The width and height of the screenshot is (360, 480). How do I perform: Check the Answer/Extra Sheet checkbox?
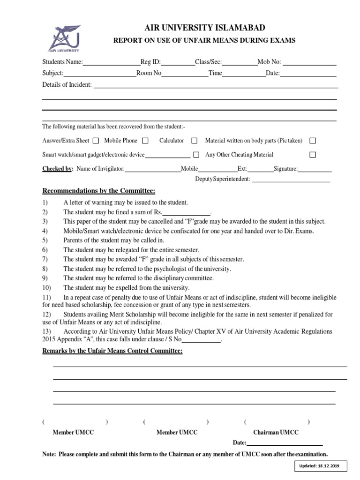(x=96, y=140)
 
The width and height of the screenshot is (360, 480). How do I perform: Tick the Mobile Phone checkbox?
(x=145, y=140)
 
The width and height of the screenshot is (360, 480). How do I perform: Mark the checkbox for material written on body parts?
(x=313, y=140)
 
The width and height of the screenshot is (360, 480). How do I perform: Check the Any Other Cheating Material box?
(x=313, y=154)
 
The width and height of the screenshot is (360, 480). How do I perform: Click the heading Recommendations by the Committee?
(x=98, y=191)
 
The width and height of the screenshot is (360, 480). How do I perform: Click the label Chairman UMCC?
(x=276, y=432)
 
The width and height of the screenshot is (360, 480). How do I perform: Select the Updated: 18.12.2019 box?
(x=320, y=466)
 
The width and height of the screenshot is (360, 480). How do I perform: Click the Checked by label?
(x=58, y=169)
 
